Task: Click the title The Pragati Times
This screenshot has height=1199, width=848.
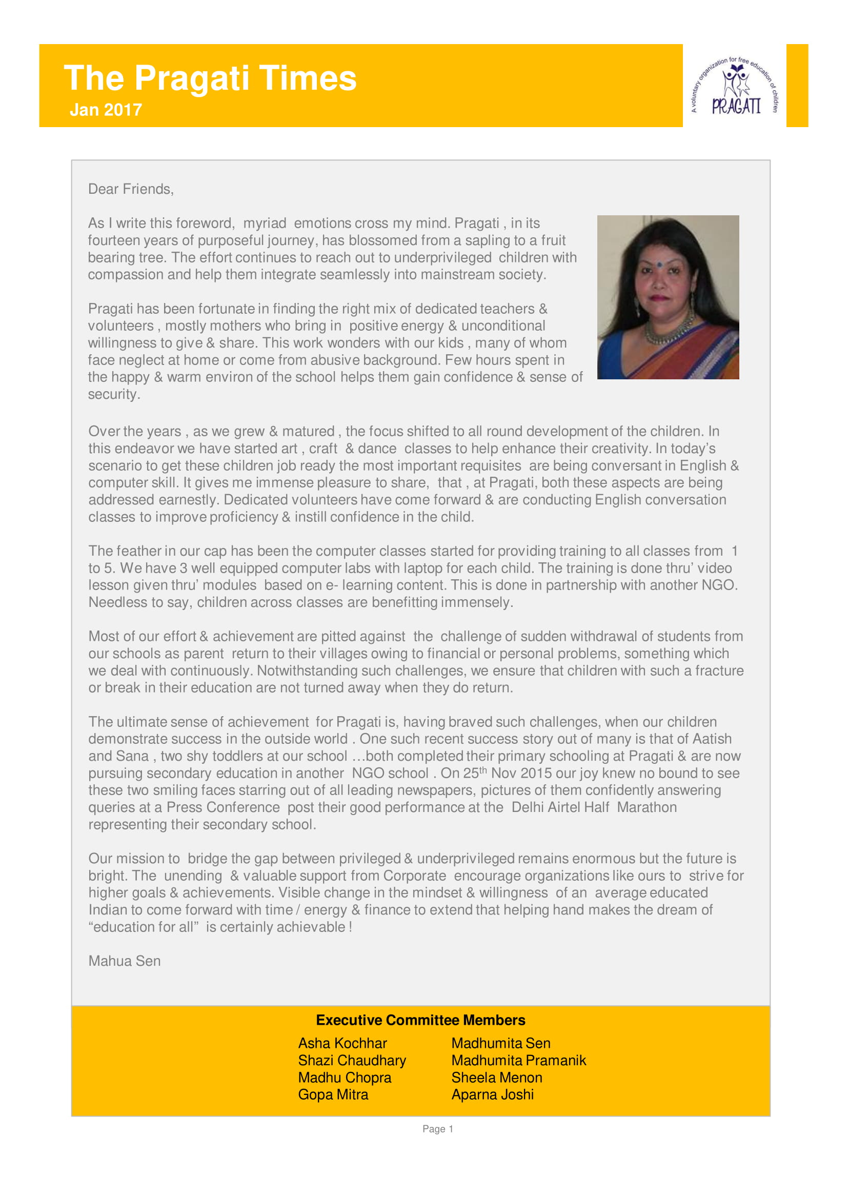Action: point(210,78)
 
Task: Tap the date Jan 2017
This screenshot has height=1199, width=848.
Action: point(106,110)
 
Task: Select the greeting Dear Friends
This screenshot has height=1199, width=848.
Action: point(131,189)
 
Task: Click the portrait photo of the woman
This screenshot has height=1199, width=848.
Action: point(668,297)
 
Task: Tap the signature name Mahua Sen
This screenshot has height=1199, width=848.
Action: point(124,961)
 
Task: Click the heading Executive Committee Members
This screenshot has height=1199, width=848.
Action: point(420,1020)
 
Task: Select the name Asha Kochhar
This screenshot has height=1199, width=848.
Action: point(342,1043)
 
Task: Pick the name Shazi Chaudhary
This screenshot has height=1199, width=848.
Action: point(352,1061)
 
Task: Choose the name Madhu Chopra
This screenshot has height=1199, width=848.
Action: point(345,1078)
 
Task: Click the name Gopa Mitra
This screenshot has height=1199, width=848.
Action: point(333,1095)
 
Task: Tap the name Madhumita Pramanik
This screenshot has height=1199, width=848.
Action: point(518,1061)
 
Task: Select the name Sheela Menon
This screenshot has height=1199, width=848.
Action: point(497,1078)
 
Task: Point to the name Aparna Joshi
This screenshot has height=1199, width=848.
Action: point(492,1095)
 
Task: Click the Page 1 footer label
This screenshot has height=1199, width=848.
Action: point(437,1129)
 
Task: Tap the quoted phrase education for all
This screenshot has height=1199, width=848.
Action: point(144,927)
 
